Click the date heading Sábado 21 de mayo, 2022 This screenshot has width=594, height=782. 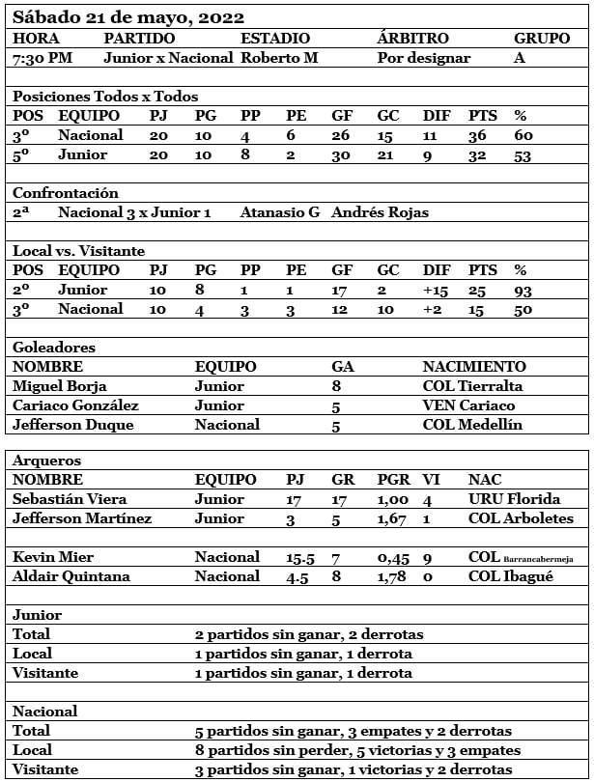pyautogui.click(x=128, y=17)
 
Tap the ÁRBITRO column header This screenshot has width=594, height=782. pyautogui.click(x=412, y=39)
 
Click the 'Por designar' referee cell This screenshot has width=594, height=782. pyautogui.click(x=424, y=58)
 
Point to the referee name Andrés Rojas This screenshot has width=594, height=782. pyautogui.click(x=380, y=212)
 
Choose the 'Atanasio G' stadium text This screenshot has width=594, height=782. pyautogui.click(x=280, y=212)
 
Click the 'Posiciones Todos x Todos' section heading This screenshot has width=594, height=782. pyautogui.click(x=105, y=97)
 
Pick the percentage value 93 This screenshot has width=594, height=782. pyautogui.click(x=523, y=290)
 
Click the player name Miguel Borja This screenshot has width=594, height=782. pyautogui.click(x=57, y=386)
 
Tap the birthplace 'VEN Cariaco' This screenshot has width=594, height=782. pyautogui.click(x=468, y=405)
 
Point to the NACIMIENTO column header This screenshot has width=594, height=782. pyautogui.click(x=474, y=367)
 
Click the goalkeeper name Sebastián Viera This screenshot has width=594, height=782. pyautogui.click(x=67, y=499)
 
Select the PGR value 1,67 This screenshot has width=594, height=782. pyautogui.click(x=392, y=518)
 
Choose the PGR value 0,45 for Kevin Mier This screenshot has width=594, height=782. pyautogui.click(x=392, y=557)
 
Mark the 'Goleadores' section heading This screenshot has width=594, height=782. pyautogui.click(x=54, y=348)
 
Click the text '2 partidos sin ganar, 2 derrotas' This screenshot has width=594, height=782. pyautogui.click(x=309, y=634)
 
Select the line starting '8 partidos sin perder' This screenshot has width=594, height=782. pyautogui.click(x=357, y=750)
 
